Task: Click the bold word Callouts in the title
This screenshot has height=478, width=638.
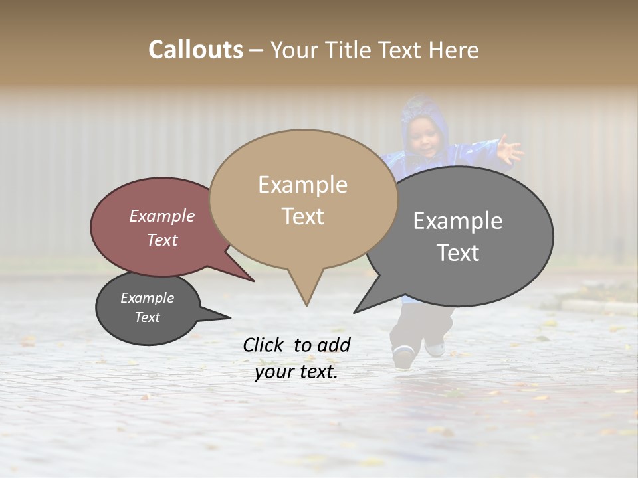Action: point(195,50)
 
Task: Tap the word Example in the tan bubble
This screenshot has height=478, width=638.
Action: point(302,185)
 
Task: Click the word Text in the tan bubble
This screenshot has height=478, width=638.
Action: point(302,216)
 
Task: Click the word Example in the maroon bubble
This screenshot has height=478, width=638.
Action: point(161,216)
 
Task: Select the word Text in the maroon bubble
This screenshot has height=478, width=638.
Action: point(161,240)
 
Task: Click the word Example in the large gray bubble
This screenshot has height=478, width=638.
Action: point(457,220)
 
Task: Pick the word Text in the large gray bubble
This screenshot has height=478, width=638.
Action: point(457,252)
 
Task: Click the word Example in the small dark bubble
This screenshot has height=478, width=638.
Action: point(147,298)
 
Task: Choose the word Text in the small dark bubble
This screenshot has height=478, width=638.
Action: point(147,317)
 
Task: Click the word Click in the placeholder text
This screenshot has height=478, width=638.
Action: point(264,345)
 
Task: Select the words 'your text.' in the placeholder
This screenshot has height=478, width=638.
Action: point(296,372)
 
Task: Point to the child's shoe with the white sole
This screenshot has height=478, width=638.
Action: point(403,356)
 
